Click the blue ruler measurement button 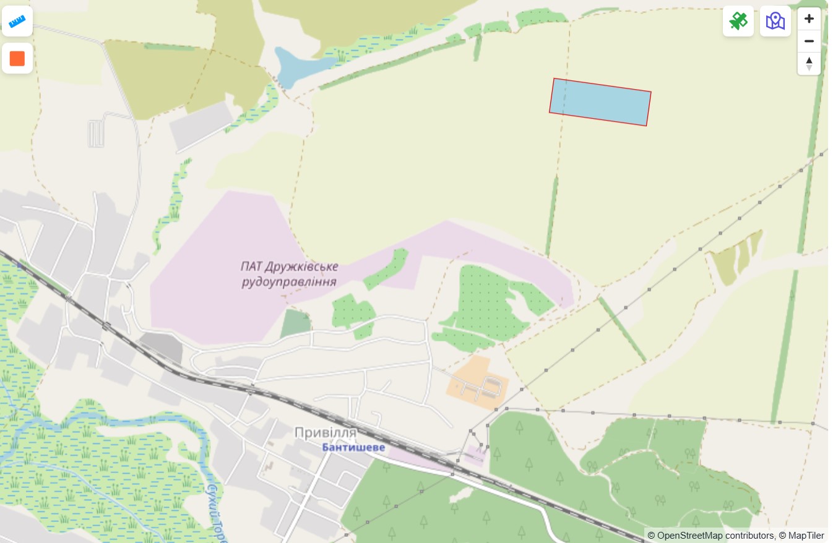pyautogui.click(x=17, y=22)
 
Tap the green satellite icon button pyautogui.click(x=738, y=21)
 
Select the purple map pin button pyautogui.click(x=775, y=21)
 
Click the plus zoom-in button pyautogui.click(x=809, y=19)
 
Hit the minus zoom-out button pyautogui.click(x=809, y=41)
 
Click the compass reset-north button pyautogui.click(x=809, y=63)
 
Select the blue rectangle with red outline pyautogui.click(x=600, y=102)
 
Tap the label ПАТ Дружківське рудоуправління pyautogui.click(x=289, y=274)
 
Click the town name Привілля pyautogui.click(x=326, y=432)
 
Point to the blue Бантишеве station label pyautogui.click(x=353, y=447)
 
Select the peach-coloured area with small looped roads pyautogui.click(x=478, y=382)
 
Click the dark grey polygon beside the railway pyautogui.click(x=162, y=347)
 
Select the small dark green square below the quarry pyautogui.click(x=296, y=324)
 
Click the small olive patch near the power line pyautogui.click(x=736, y=257)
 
